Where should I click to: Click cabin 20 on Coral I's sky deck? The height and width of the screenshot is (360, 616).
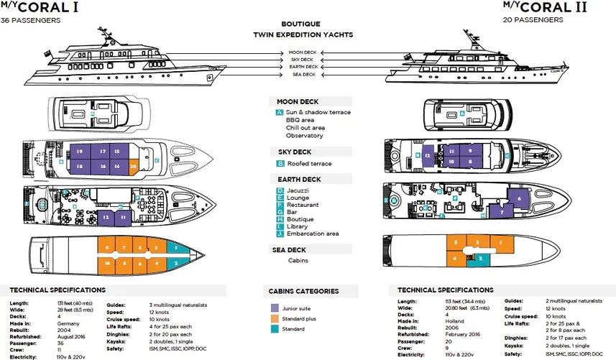click(134, 165)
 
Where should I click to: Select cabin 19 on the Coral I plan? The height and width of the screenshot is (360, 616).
click(78, 152)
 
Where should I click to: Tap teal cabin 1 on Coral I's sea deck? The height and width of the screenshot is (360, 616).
click(176, 248)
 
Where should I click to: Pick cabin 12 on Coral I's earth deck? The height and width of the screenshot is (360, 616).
click(106, 216)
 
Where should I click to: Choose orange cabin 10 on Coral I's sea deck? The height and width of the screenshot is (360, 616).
click(107, 264)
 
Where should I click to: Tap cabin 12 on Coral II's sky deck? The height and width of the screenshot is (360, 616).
click(427, 156)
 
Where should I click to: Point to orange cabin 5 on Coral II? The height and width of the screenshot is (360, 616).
click(455, 242)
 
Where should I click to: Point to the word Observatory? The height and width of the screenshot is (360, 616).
click(304, 135)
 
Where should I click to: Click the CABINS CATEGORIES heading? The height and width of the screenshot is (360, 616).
click(303, 291)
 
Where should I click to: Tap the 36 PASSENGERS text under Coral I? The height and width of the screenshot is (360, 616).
click(30, 20)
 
